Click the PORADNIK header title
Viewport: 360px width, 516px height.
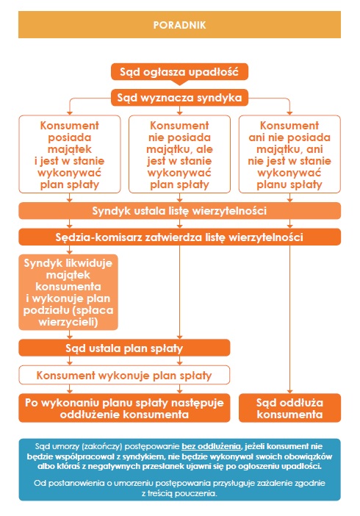(x=179, y=25)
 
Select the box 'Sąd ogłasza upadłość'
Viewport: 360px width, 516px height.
(x=179, y=72)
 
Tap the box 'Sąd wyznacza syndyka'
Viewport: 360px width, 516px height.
(x=179, y=98)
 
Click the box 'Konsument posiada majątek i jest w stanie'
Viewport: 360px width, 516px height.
(x=70, y=154)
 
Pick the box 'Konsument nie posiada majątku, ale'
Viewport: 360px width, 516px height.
(x=179, y=154)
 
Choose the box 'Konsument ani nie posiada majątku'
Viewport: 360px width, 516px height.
(x=289, y=154)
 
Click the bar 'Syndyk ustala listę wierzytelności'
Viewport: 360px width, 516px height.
(x=179, y=211)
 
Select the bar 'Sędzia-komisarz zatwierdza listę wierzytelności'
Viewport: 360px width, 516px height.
(x=179, y=237)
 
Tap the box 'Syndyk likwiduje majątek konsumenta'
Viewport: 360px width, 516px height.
(x=68, y=293)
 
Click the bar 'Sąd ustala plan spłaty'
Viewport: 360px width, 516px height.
(x=124, y=348)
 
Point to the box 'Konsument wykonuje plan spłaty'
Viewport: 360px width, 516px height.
(x=124, y=375)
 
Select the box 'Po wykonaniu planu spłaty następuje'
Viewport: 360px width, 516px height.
(x=124, y=408)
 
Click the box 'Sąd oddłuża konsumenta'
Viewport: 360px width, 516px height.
(x=289, y=408)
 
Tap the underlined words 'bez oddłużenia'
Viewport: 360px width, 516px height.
(x=212, y=447)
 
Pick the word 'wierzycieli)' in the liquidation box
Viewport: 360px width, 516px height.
(x=68, y=322)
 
